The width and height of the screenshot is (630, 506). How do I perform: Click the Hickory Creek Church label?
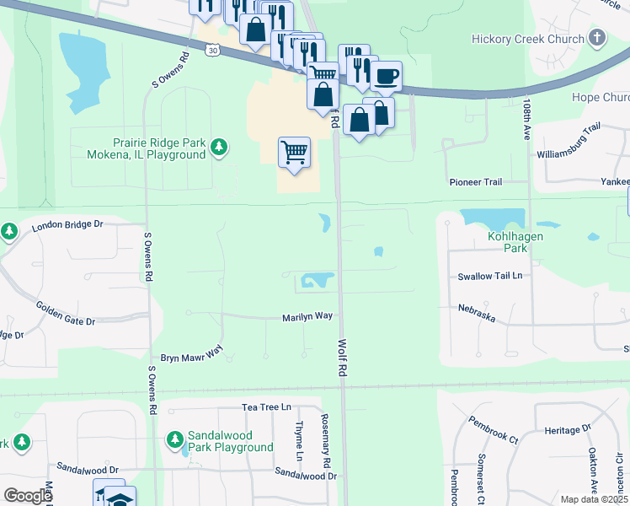(x=527, y=39)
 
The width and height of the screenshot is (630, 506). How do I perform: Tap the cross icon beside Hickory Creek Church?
(x=597, y=38)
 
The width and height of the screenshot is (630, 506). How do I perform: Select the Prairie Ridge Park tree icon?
(x=219, y=148)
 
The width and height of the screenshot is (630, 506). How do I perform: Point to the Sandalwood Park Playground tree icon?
(x=174, y=439)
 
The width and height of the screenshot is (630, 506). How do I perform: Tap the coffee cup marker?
(x=387, y=77)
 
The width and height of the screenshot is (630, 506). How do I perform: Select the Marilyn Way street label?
(x=307, y=317)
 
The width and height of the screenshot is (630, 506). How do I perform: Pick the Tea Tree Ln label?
(x=266, y=406)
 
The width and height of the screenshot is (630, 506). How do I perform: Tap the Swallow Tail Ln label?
(x=490, y=276)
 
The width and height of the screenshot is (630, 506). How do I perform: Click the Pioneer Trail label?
(x=475, y=182)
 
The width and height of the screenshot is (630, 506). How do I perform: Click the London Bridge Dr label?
(x=67, y=225)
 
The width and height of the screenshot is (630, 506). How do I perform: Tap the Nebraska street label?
(x=477, y=313)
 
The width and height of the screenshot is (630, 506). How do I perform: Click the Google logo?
(x=28, y=497)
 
